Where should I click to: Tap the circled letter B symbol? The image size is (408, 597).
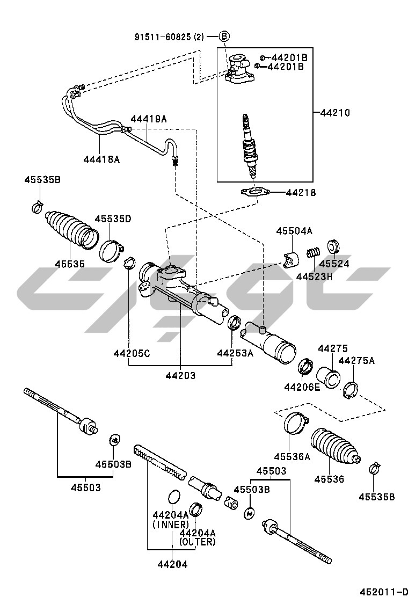pyautogui.click(x=224, y=37)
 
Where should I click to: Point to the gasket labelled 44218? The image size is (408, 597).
pyautogui.click(x=256, y=192)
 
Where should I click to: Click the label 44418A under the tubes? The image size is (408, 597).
pyautogui.click(x=101, y=159)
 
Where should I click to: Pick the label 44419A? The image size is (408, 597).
pyautogui.click(x=148, y=119)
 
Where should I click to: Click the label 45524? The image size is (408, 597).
pyautogui.click(x=334, y=264)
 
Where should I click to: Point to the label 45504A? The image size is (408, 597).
pyautogui.click(x=294, y=231)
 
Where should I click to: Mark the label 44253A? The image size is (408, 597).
pyautogui.click(x=235, y=353)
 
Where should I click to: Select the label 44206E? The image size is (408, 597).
pyautogui.click(x=302, y=387)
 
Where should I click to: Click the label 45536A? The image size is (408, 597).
pyautogui.click(x=292, y=457)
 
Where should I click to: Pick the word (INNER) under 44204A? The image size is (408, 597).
pyautogui.click(x=171, y=524)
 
